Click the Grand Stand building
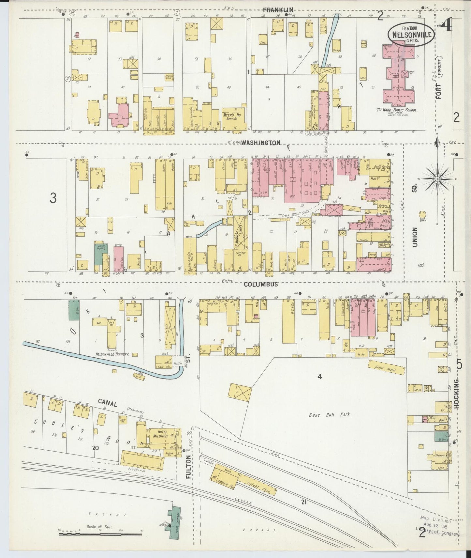tap(387, 368)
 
